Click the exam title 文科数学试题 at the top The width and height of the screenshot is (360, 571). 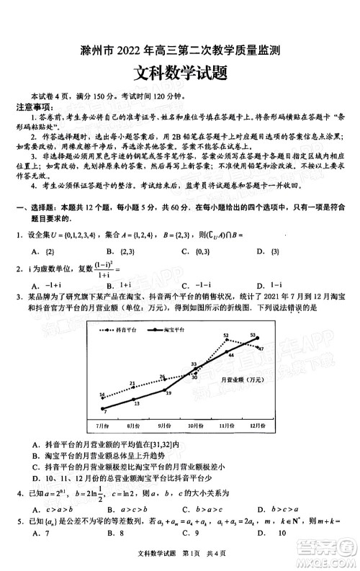(x=179, y=73)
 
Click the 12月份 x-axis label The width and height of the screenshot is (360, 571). (x=256, y=426)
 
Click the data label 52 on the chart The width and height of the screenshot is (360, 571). (x=226, y=336)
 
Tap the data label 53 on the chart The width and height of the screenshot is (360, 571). (x=253, y=335)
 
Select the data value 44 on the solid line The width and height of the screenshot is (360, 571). (x=231, y=355)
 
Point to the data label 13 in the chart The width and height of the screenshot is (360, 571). (x=137, y=403)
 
